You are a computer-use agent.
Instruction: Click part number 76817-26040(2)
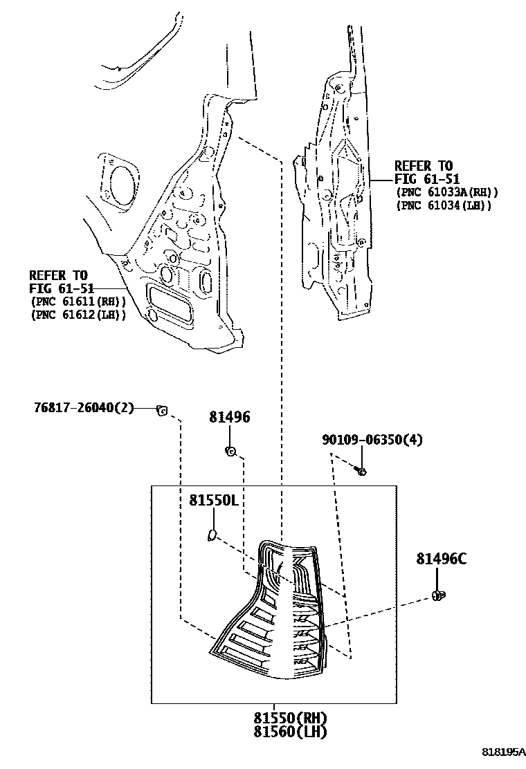point(84,407)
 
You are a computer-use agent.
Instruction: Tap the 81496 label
point(230,417)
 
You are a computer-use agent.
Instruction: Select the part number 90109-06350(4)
point(372,439)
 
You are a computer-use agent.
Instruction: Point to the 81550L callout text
point(214,500)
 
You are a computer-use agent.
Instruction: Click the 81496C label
point(442,558)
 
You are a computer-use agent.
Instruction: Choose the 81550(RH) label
point(291,718)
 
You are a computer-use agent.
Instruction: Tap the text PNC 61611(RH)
point(78,302)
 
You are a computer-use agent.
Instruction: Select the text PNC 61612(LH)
point(78,315)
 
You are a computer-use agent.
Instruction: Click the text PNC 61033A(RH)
point(447,192)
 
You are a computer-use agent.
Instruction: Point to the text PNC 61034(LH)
point(444,205)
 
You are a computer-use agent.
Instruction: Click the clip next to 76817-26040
point(161,410)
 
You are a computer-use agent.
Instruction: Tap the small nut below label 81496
point(230,451)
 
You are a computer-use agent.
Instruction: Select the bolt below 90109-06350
point(361,472)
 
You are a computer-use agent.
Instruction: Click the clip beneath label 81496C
point(438,596)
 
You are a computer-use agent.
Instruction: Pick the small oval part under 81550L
point(212,535)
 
